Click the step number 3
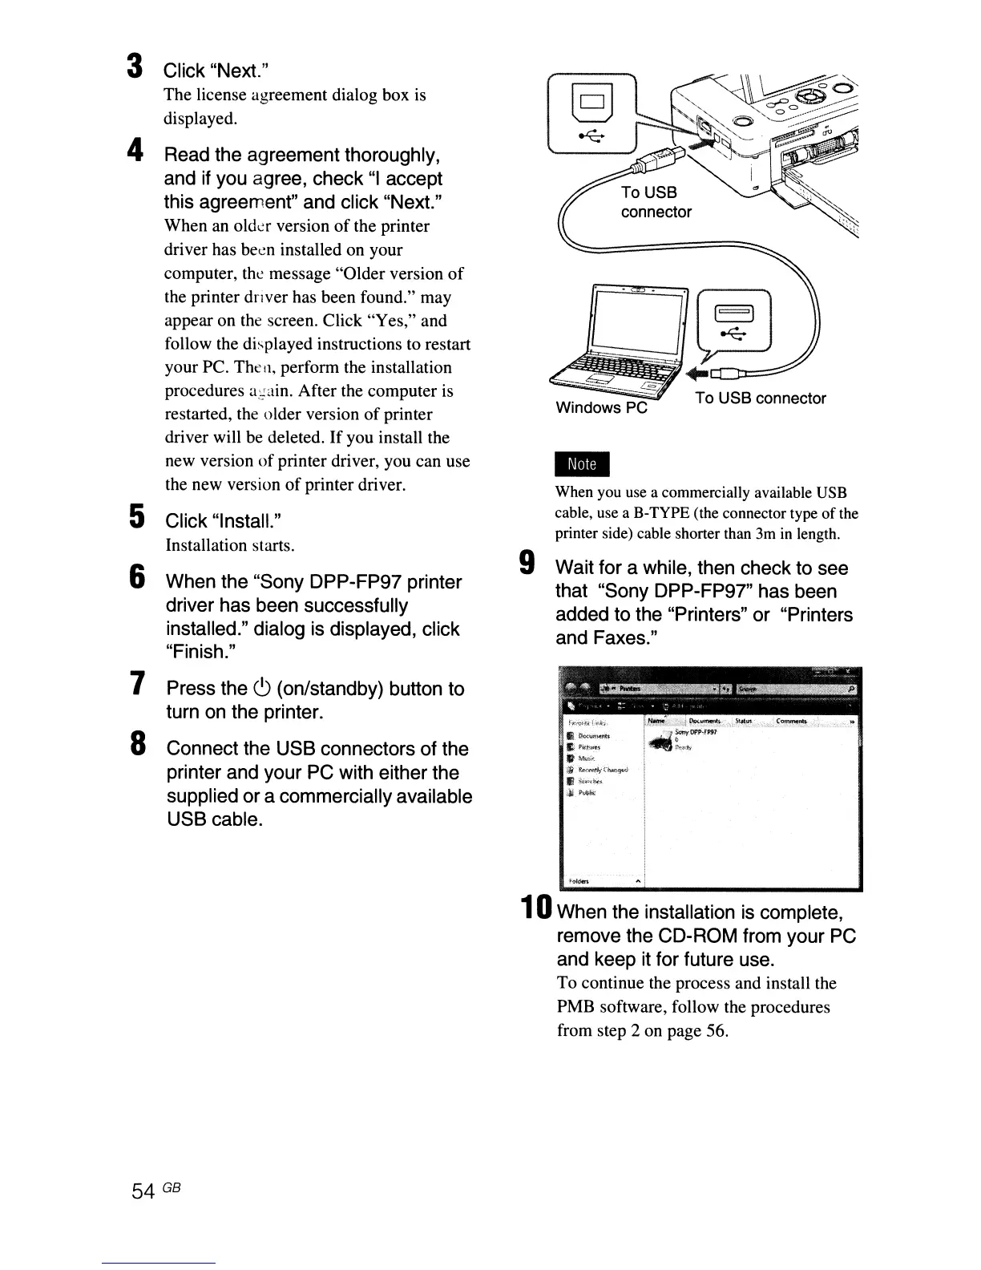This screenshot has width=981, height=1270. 135,67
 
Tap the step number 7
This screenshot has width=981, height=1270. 137,685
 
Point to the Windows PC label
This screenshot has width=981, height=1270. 601,407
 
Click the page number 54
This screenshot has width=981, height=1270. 143,1192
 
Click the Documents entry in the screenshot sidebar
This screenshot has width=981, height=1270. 593,736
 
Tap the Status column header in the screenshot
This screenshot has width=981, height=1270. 743,721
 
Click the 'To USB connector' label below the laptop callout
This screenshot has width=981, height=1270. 760,398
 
